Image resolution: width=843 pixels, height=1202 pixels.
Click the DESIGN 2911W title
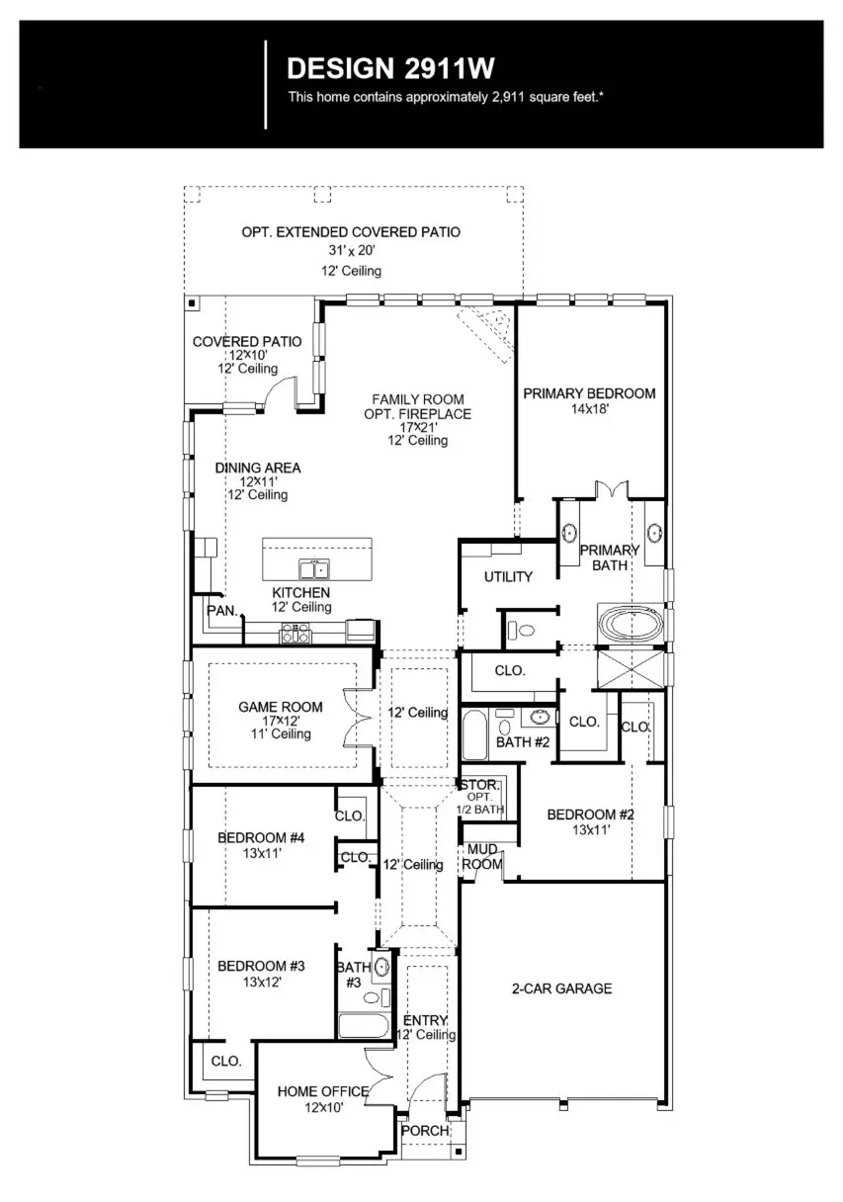(x=389, y=68)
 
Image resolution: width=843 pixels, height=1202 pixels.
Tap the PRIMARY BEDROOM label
(x=588, y=393)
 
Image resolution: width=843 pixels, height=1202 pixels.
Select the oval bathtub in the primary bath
(x=631, y=626)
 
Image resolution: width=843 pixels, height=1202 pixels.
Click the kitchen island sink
(x=315, y=569)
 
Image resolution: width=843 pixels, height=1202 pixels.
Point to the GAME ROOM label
(x=280, y=707)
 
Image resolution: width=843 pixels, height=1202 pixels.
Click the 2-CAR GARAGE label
(x=560, y=988)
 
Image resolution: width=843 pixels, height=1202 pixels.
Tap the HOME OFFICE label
(x=322, y=1091)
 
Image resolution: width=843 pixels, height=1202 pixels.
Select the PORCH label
(x=424, y=1131)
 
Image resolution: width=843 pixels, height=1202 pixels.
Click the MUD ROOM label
(x=482, y=856)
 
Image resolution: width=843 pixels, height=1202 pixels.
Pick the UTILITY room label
(x=508, y=577)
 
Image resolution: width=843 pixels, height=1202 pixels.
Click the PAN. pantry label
(x=222, y=611)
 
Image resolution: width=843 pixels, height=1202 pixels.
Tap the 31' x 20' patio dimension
(x=351, y=251)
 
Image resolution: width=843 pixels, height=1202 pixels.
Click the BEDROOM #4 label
(x=261, y=838)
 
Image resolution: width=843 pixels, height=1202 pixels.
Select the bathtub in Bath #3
(x=364, y=1025)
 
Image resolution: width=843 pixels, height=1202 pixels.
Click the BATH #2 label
(x=522, y=741)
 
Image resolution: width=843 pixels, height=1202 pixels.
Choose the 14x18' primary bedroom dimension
(x=588, y=408)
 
